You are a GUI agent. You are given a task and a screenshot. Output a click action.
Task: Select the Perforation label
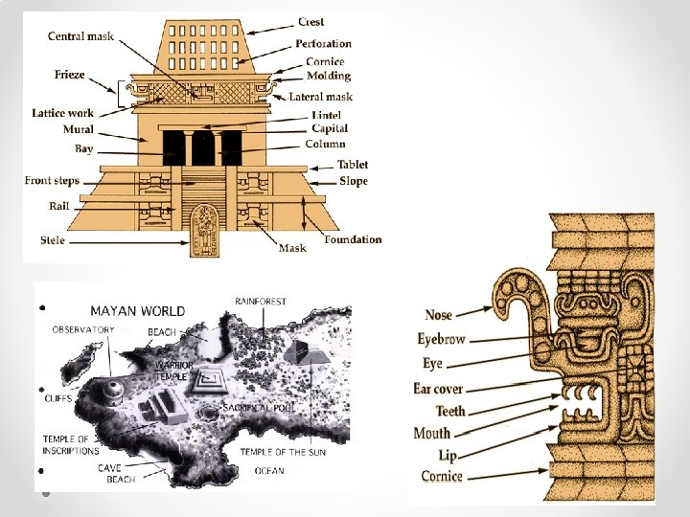click(x=323, y=43)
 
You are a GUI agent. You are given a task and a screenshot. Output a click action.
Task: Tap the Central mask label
click(x=80, y=36)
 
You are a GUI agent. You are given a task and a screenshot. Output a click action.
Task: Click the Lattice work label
click(x=62, y=113)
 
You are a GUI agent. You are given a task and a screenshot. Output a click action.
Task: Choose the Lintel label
click(x=326, y=115)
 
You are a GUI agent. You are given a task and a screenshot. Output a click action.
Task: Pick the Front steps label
click(x=52, y=180)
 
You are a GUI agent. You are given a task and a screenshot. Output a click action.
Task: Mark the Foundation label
click(x=353, y=239)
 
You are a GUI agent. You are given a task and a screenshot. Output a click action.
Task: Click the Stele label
click(x=53, y=239)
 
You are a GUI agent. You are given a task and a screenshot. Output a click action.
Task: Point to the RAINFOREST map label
click(x=261, y=302)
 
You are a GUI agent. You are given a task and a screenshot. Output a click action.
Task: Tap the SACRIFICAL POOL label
click(x=259, y=407)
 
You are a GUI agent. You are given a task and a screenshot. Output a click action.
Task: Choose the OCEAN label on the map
click(x=269, y=470)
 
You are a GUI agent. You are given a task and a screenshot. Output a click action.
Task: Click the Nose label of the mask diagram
click(x=438, y=315)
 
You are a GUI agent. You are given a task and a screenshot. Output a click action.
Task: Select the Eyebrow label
click(x=441, y=339)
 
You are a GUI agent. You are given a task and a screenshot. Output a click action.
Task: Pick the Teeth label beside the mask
click(x=450, y=411)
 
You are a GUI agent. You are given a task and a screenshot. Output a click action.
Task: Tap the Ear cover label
click(x=438, y=388)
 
